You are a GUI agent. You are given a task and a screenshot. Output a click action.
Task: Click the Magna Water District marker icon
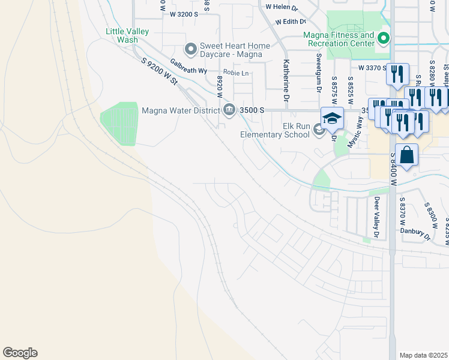[229, 110]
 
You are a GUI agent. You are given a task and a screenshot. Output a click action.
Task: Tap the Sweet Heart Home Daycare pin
[191, 49]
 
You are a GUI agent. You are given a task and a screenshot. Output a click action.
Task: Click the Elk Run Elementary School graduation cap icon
[331, 119]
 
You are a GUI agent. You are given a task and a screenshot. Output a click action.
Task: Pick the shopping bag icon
[407, 155]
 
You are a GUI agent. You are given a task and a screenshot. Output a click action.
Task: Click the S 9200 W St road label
[160, 71]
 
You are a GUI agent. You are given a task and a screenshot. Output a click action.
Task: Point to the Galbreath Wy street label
[188, 66]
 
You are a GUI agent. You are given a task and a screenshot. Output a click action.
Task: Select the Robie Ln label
[237, 73]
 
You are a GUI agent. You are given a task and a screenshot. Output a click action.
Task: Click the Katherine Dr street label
[286, 80]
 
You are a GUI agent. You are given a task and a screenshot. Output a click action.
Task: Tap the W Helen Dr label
[282, 8]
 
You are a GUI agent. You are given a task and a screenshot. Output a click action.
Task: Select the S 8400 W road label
[394, 163]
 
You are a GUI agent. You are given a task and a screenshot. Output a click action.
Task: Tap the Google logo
[20, 353]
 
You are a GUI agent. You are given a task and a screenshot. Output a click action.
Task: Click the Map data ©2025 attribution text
[423, 355]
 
